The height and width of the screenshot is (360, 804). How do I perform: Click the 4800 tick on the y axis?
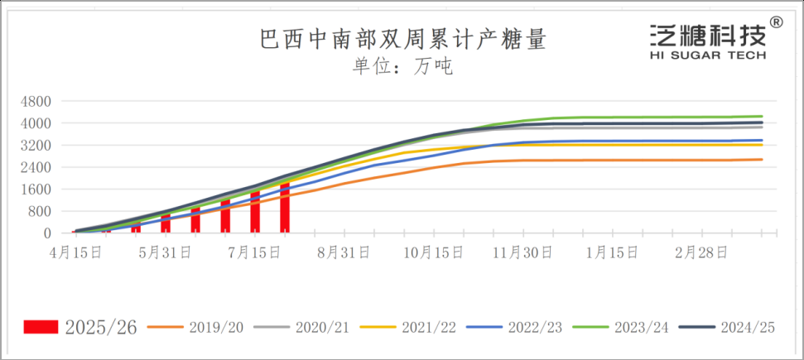(x=37, y=102)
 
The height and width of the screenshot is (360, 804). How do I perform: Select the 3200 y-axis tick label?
(x=37, y=146)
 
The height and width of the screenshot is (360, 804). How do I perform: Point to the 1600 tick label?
(x=37, y=190)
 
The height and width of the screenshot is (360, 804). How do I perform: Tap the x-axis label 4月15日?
(x=79, y=252)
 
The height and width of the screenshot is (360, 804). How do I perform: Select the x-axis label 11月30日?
(x=522, y=252)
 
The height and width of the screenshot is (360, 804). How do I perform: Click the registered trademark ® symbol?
(x=776, y=22)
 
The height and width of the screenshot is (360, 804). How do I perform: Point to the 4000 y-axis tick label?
(x=37, y=123)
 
